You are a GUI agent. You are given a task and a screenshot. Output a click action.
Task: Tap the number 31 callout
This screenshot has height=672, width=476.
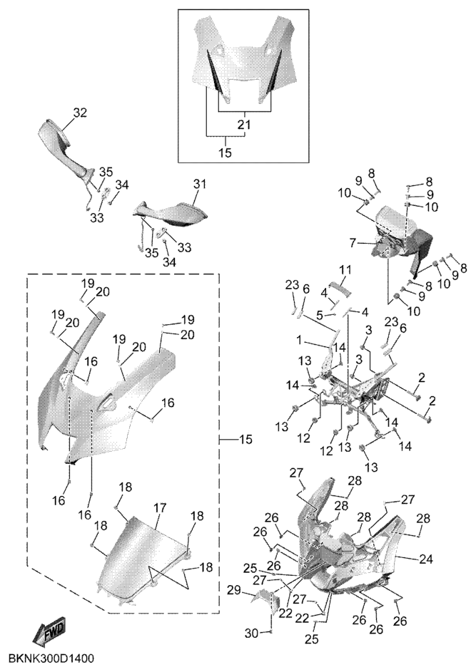[x=198, y=184]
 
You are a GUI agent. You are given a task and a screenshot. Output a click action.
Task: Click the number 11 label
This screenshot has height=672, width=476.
[x=346, y=270]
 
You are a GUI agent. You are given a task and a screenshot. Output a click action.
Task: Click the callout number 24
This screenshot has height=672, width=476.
[x=427, y=559]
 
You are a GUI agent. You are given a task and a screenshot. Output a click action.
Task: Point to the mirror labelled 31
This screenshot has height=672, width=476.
[x=171, y=213]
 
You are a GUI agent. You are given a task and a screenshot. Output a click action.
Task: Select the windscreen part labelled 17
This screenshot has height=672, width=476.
[x=139, y=556]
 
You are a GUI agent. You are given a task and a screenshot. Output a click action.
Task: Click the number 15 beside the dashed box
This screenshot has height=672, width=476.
[x=245, y=440]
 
